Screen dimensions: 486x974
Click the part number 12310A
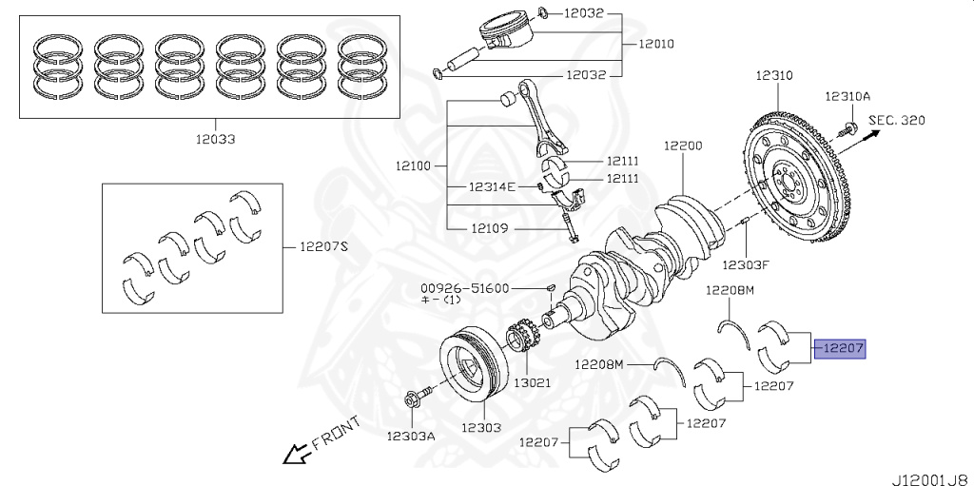click(x=847, y=96)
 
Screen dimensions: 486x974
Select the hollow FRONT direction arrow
click(x=296, y=455)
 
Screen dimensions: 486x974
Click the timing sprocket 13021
click(x=520, y=347)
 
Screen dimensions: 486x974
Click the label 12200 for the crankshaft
click(x=683, y=146)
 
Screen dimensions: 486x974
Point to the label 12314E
click(x=491, y=187)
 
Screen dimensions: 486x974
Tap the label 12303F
click(x=746, y=263)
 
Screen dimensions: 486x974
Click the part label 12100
click(x=414, y=165)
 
